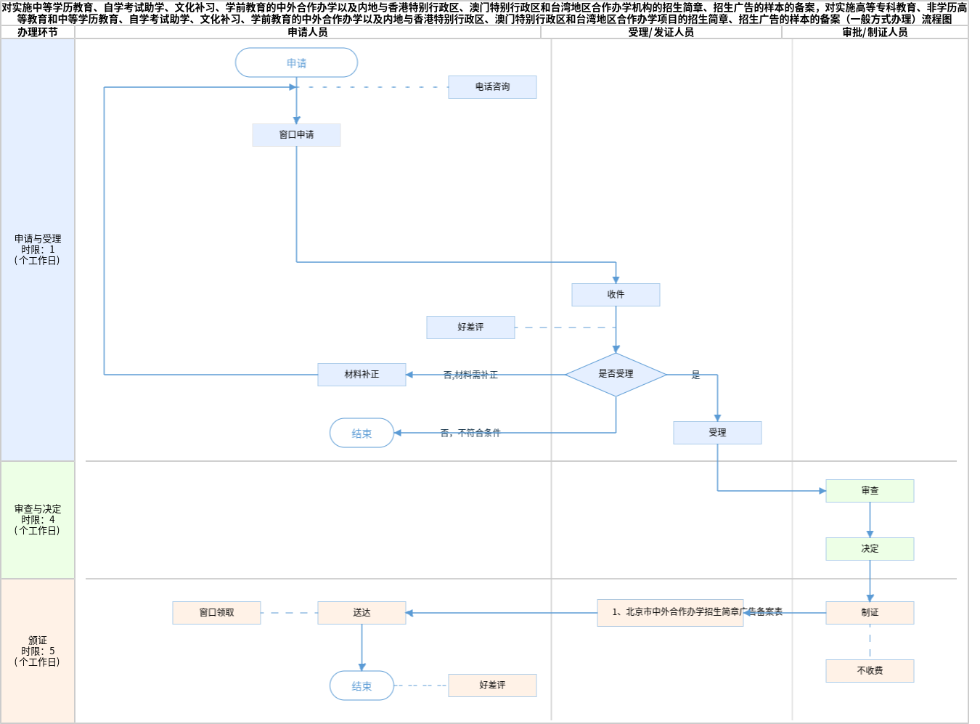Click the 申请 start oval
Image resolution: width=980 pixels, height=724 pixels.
click(x=296, y=63)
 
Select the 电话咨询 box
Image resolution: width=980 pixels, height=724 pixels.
click(x=492, y=87)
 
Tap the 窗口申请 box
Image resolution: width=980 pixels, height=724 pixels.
click(x=296, y=135)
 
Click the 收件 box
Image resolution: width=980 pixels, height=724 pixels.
click(x=616, y=295)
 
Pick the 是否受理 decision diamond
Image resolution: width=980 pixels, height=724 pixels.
click(x=616, y=374)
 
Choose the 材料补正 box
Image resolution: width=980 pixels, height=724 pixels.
click(x=362, y=375)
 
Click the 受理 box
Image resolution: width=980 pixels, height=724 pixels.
click(x=717, y=433)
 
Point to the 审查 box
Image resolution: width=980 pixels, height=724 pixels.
click(x=870, y=491)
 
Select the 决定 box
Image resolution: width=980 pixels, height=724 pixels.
click(x=870, y=549)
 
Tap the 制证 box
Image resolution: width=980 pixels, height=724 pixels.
click(x=870, y=613)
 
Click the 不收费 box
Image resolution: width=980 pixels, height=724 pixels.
click(x=870, y=671)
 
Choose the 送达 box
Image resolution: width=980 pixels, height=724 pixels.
click(x=362, y=613)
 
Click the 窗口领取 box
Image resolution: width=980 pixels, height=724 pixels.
click(x=216, y=613)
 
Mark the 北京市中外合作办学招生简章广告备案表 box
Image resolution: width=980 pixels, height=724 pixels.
click(x=669, y=612)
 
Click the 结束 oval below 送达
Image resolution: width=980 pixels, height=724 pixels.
click(x=362, y=686)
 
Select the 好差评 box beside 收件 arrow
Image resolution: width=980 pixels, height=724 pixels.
click(x=470, y=328)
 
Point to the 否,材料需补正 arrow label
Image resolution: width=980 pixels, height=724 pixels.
click(x=470, y=375)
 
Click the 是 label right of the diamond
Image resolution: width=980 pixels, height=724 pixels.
click(x=695, y=375)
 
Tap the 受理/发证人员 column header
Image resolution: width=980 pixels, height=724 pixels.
click(x=661, y=33)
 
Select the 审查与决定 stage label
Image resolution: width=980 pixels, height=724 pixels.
click(x=38, y=520)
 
